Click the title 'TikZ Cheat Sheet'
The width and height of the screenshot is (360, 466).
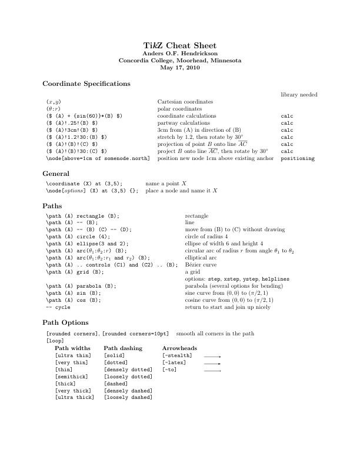[x=180, y=45]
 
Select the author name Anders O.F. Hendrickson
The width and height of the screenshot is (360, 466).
[x=180, y=54]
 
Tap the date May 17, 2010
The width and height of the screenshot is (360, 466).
[x=180, y=67]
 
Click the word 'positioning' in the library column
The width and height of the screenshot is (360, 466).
[x=298, y=158]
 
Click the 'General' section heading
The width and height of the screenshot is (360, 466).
[x=57, y=174]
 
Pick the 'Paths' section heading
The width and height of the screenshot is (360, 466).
[x=54, y=207]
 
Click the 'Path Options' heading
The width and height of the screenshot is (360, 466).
[x=66, y=322]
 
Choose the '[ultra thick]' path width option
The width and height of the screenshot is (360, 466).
[x=74, y=397]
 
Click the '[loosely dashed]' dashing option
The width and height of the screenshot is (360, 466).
[x=128, y=397]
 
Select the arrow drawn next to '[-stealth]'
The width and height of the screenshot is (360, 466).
[x=212, y=357]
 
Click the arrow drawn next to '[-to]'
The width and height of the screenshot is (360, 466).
[x=212, y=371]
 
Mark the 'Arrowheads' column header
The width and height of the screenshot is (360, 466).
[x=179, y=348]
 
